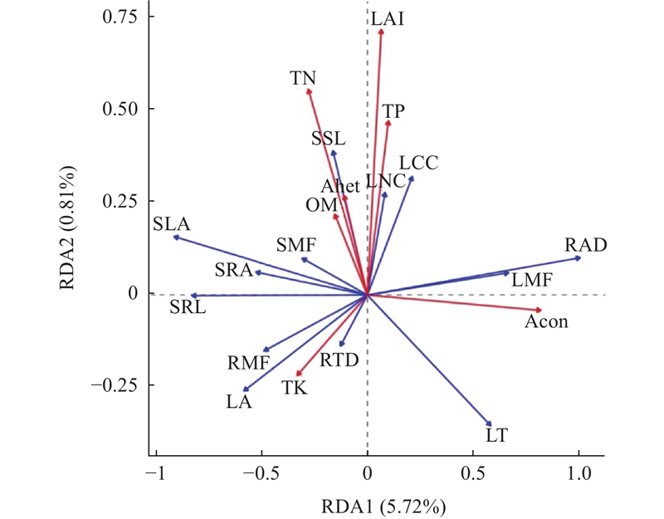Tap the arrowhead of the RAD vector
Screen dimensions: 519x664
(579, 258)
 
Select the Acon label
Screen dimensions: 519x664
(546, 321)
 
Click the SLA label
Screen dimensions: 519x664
(172, 223)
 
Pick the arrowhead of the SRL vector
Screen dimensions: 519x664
(192, 296)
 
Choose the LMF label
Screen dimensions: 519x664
(531, 281)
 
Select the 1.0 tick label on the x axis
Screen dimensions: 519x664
(579, 472)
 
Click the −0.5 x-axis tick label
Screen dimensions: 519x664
(261, 472)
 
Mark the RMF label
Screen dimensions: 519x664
(249, 362)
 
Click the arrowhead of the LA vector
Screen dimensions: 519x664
(244, 390)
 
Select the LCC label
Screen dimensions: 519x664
(418, 164)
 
